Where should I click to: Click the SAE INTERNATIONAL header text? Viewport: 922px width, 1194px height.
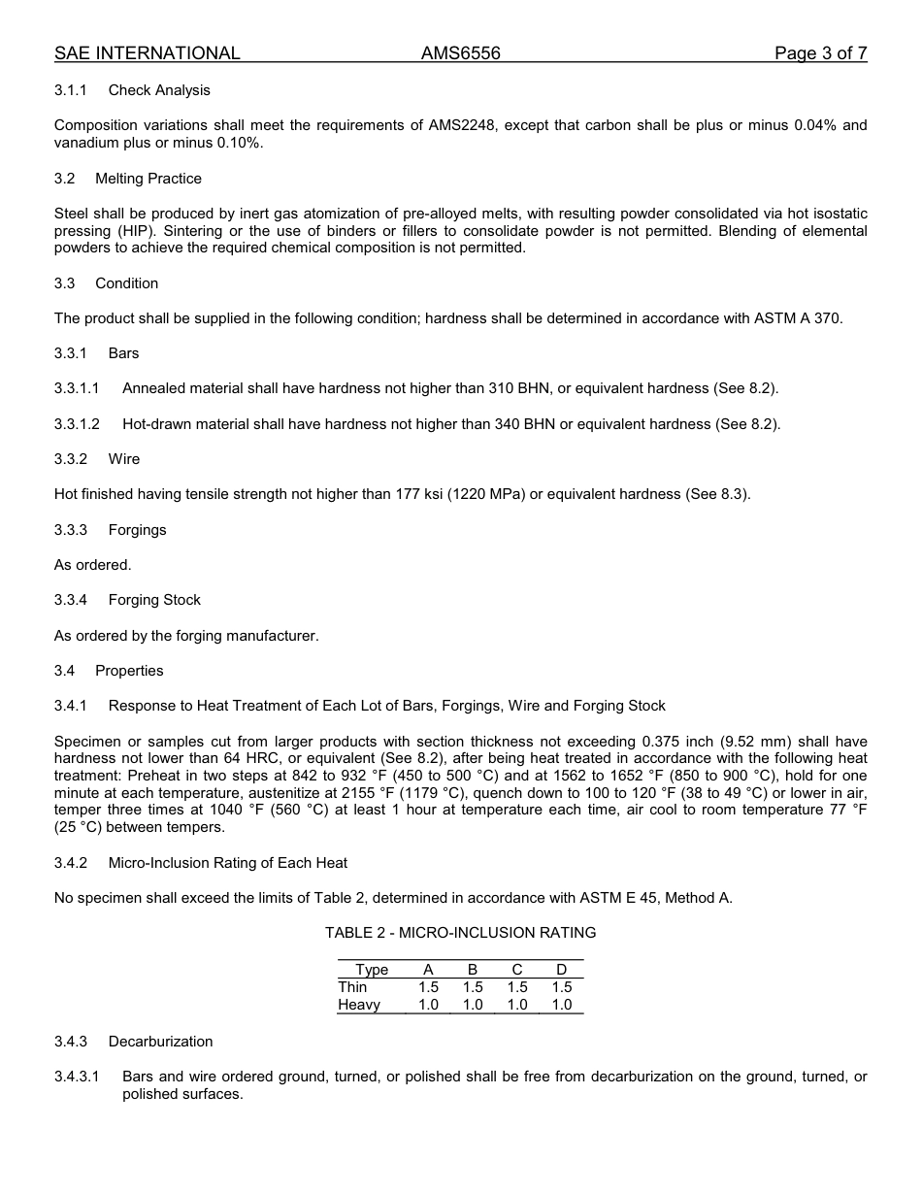(147, 53)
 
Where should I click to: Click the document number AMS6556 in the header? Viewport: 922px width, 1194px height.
(460, 53)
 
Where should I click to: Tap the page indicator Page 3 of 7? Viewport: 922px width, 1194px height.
(820, 53)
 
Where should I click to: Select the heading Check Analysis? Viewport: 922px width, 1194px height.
(159, 90)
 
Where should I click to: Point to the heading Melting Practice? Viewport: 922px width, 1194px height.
(148, 179)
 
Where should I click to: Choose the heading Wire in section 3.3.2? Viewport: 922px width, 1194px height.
(124, 459)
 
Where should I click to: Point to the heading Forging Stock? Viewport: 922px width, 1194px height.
(154, 600)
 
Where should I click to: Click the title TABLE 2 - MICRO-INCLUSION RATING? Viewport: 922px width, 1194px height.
(460, 933)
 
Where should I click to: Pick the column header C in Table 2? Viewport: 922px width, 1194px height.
(517, 970)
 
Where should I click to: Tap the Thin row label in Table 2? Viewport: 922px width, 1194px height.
(352, 987)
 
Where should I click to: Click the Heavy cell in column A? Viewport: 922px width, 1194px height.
(428, 1005)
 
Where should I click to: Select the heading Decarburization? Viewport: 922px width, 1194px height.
(160, 1042)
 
